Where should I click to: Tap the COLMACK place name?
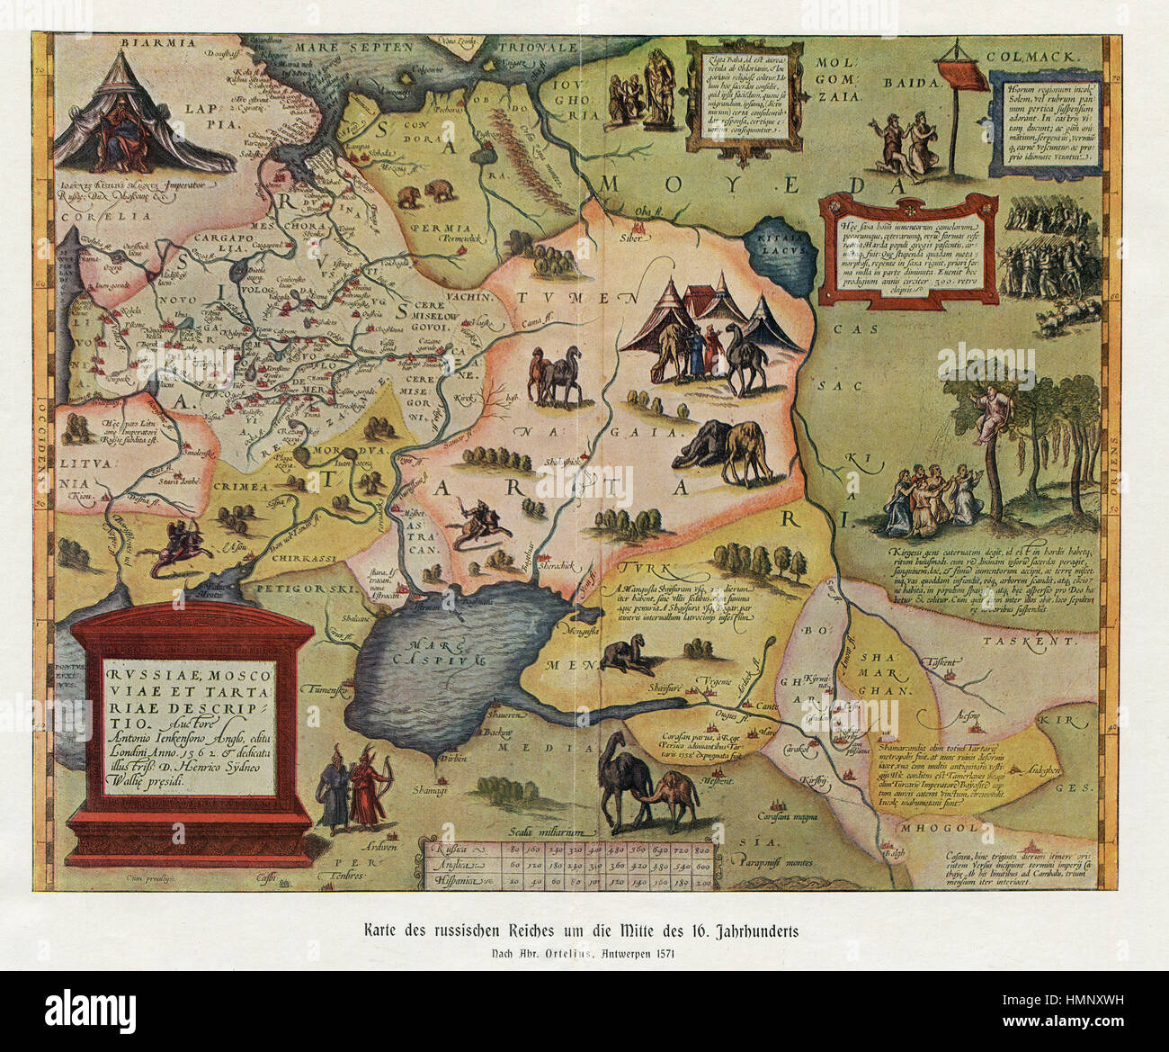pyautogui.click(x=1033, y=56)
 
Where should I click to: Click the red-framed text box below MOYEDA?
pyautogui.click(x=907, y=247)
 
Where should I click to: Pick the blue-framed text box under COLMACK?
pyautogui.click(x=1046, y=122)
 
